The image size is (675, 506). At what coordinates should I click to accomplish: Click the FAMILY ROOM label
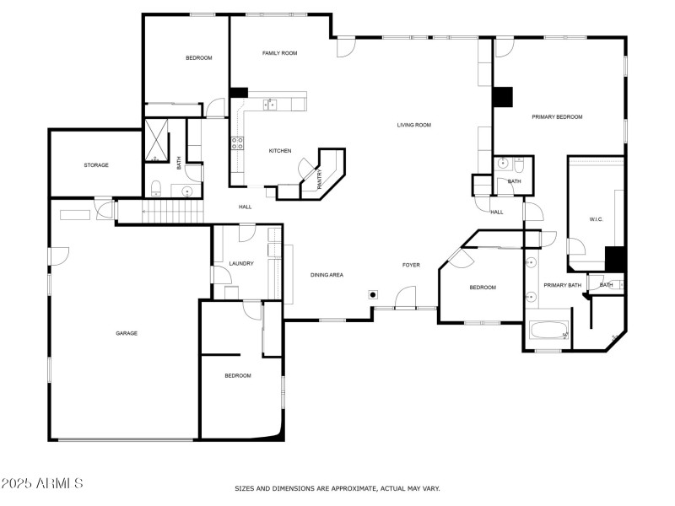(x=279, y=53)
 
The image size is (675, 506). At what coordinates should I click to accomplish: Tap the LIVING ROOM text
(x=414, y=125)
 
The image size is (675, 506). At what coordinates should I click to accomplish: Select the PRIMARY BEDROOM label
(x=557, y=116)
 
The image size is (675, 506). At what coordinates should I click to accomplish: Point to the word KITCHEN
(x=280, y=151)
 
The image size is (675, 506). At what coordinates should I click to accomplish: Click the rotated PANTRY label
(x=320, y=178)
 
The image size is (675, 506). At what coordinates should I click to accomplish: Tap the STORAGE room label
(x=96, y=164)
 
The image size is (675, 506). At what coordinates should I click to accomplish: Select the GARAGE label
(x=127, y=333)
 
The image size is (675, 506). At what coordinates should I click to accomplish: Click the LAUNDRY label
(x=241, y=264)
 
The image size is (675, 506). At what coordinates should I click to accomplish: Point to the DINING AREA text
(x=327, y=275)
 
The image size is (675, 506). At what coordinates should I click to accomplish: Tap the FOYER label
(x=411, y=265)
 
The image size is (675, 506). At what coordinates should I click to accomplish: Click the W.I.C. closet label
(x=597, y=220)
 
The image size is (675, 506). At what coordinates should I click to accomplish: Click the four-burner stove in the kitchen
(x=238, y=143)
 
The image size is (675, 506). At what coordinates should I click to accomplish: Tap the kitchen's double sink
(x=271, y=105)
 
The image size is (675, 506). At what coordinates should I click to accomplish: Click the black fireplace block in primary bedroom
(x=503, y=98)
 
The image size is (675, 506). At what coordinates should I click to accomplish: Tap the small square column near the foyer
(x=372, y=295)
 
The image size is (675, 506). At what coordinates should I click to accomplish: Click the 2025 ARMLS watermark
(x=42, y=484)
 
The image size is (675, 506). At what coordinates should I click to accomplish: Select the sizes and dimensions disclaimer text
(x=337, y=488)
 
